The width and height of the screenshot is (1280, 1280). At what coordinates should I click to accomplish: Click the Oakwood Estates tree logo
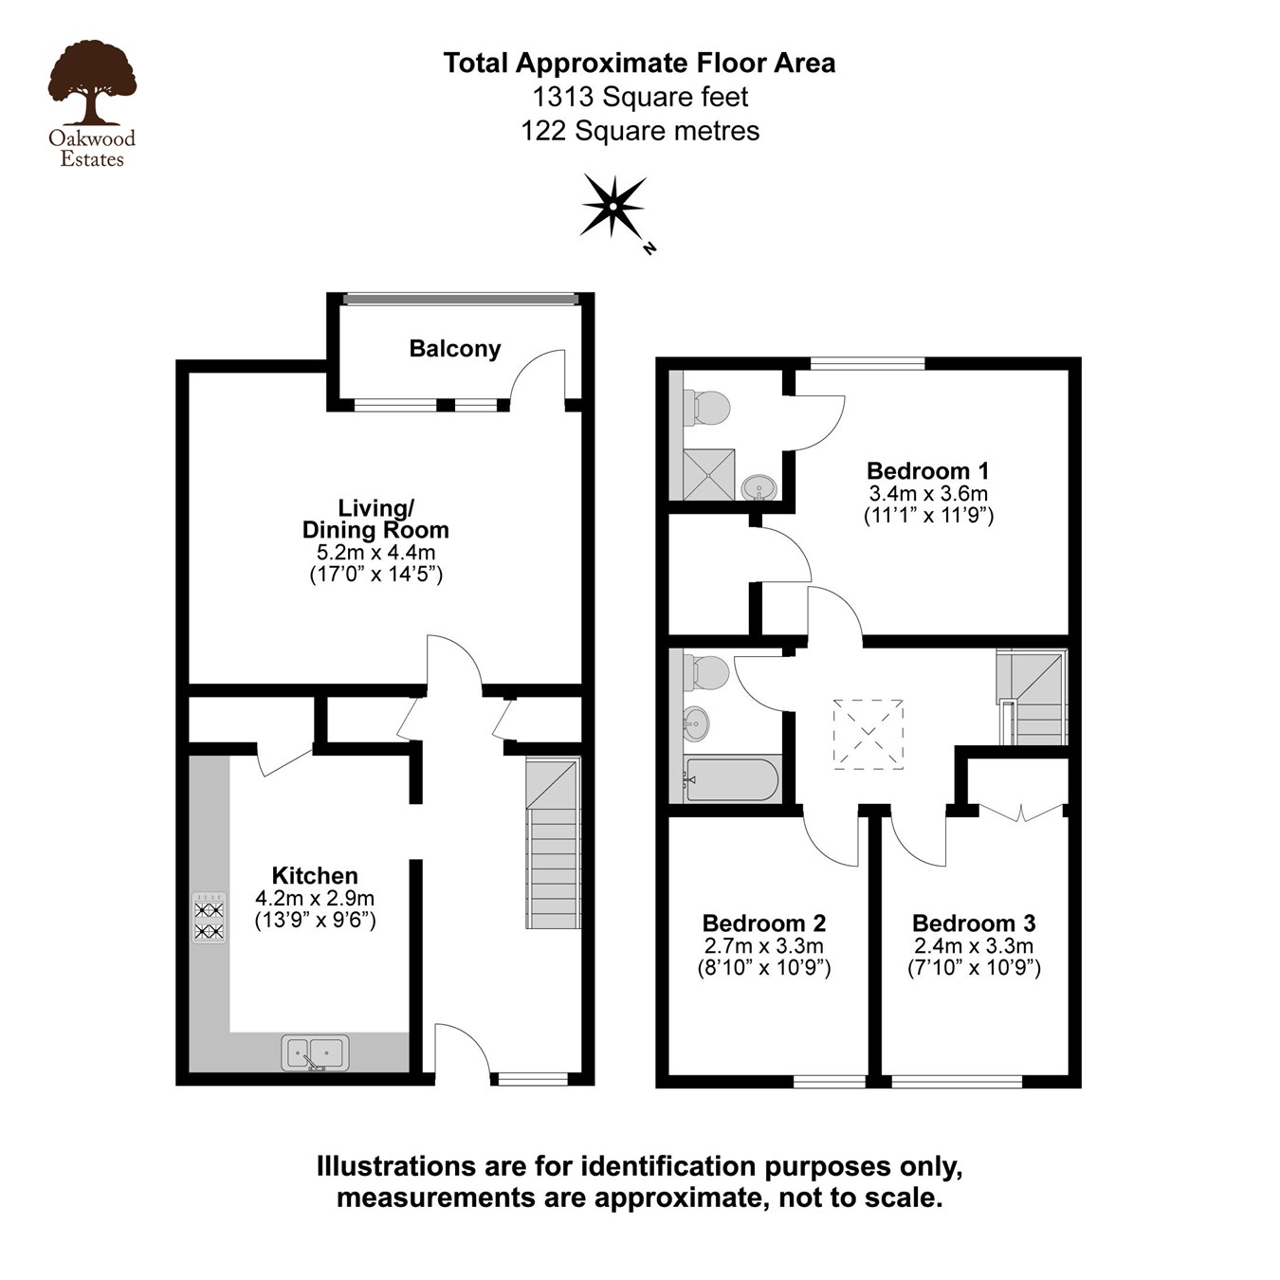[x=92, y=83]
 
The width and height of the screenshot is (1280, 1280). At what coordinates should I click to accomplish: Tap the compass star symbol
[x=613, y=205]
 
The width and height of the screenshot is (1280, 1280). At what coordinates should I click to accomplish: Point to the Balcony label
[x=454, y=349]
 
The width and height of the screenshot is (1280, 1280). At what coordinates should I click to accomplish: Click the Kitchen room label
[x=315, y=875]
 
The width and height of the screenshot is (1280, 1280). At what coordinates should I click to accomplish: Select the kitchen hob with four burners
[x=210, y=918]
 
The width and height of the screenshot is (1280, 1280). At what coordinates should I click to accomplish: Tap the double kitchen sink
[x=316, y=1051]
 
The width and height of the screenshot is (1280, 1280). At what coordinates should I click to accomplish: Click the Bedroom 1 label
[x=927, y=470]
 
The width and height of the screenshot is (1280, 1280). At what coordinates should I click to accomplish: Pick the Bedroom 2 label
[x=763, y=923]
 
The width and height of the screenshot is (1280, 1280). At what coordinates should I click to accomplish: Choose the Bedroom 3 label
[x=974, y=923]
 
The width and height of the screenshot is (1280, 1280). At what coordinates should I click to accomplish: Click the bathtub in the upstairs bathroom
[x=731, y=779]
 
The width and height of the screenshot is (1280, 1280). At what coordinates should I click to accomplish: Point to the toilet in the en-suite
[x=709, y=408]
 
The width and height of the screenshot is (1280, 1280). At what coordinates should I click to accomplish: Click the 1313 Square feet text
[x=640, y=97]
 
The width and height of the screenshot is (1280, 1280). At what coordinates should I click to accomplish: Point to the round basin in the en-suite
[x=759, y=487]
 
